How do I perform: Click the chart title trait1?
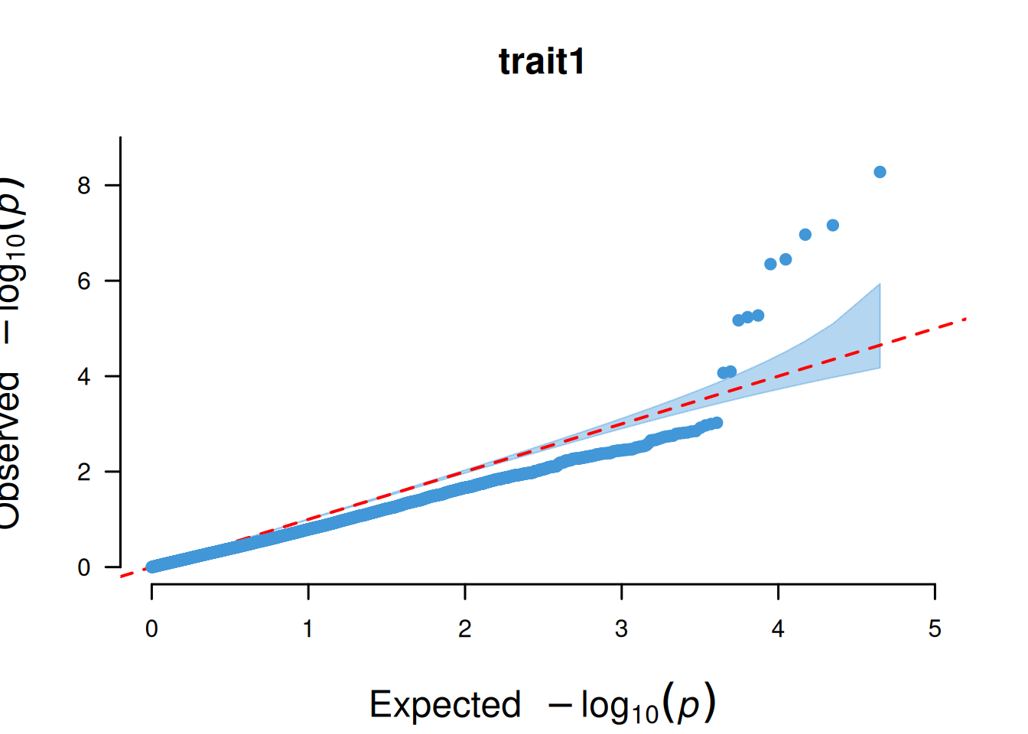(x=542, y=62)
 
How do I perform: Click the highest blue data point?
(x=880, y=172)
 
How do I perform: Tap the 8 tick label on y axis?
(x=84, y=186)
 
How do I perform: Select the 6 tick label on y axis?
(x=84, y=281)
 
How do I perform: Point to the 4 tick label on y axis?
(x=84, y=377)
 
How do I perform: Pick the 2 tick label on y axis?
(x=84, y=473)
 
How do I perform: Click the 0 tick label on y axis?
(x=84, y=568)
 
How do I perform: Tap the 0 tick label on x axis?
(x=151, y=629)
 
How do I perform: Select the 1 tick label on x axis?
(x=307, y=629)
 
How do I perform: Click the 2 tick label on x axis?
(x=464, y=629)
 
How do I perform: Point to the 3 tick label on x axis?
(x=621, y=629)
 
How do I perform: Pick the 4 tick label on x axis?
(x=778, y=629)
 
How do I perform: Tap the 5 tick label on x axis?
(x=935, y=629)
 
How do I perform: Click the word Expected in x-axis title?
(x=444, y=704)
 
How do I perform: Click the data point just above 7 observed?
(x=833, y=226)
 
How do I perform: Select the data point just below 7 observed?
(x=805, y=235)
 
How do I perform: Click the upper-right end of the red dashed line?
(x=966, y=318)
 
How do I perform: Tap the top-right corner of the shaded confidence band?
(x=880, y=284)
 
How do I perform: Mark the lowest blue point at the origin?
(x=152, y=567)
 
